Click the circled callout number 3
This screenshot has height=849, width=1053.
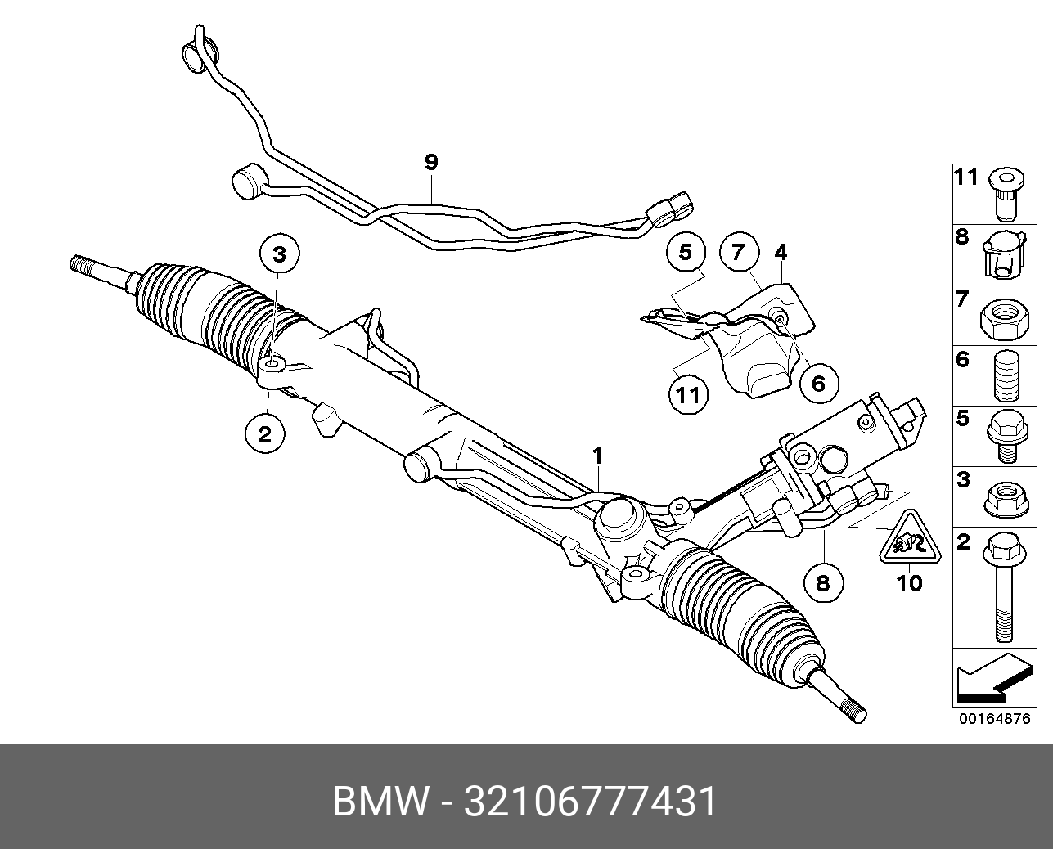[280, 254]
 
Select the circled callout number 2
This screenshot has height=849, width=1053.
[264, 433]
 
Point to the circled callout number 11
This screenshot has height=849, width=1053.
[687, 396]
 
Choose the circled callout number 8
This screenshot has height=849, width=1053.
[822, 582]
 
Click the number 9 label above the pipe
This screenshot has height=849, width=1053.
[431, 163]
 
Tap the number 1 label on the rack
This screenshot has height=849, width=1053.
[598, 455]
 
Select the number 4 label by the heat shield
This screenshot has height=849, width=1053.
[781, 252]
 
